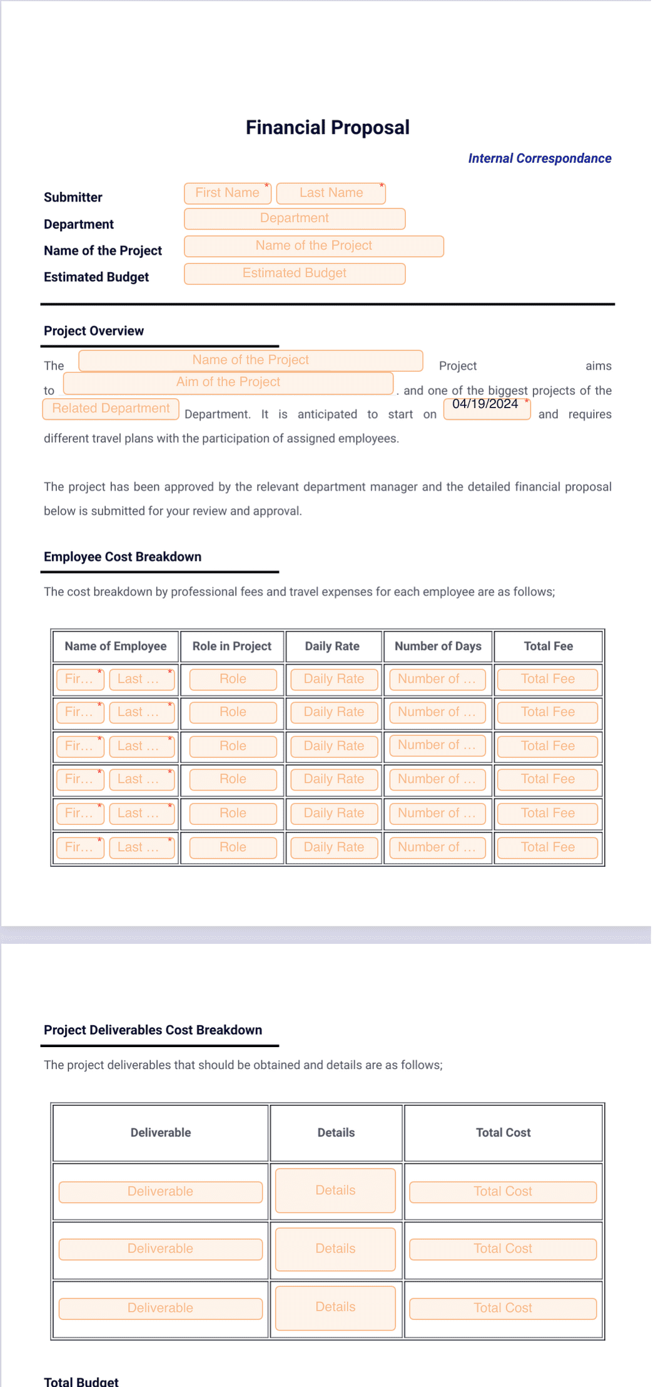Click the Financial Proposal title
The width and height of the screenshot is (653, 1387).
click(x=327, y=128)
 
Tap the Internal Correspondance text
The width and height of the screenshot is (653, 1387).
click(x=539, y=158)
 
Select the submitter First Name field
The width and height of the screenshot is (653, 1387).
click(x=227, y=193)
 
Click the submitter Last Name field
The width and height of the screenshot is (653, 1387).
click(x=330, y=193)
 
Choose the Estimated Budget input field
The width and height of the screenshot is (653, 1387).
click(x=294, y=274)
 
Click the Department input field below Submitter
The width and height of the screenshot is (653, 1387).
click(x=294, y=218)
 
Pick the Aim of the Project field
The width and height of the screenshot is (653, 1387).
click(x=228, y=382)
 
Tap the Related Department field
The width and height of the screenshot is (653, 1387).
click(x=111, y=409)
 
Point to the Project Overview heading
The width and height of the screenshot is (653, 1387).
click(x=94, y=331)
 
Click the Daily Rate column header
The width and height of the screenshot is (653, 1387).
click(x=332, y=647)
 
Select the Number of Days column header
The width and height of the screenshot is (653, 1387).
click(x=438, y=647)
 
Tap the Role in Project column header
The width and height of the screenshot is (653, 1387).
click(x=231, y=647)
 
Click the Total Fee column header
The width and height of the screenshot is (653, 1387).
click(x=548, y=647)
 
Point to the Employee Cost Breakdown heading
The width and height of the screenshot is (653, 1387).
click(x=123, y=557)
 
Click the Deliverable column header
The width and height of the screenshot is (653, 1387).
click(x=161, y=1132)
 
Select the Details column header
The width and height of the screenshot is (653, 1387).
click(x=336, y=1132)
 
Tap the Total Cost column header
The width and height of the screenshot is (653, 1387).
click(x=503, y=1132)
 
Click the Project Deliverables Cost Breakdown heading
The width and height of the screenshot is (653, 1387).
click(x=153, y=1030)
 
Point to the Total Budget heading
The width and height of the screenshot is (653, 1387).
click(x=81, y=1381)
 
